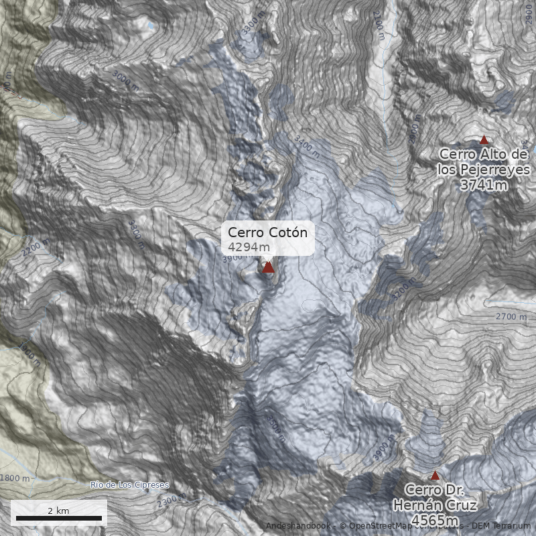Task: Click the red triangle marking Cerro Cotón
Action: pyautogui.click(x=269, y=267)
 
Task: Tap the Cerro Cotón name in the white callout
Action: pyautogui.click(x=267, y=232)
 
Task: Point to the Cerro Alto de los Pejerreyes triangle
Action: pyautogui.click(x=484, y=140)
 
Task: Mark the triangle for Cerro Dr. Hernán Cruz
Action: pyautogui.click(x=435, y=475)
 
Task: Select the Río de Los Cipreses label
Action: pyautogui.click(x=129, y=484)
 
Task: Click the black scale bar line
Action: pyautogui.click(x=59, y=518)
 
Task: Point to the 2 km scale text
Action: pyautogui.click(x=58, y=510)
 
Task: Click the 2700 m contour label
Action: pyautogui.click(x=511, y=316)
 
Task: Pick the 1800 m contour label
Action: pyautogui.click(x=16, y=478)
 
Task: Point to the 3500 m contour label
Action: pyautogui.click(x=275, y=427)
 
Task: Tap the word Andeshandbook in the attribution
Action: pyautogui.click(x=299, y=526)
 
